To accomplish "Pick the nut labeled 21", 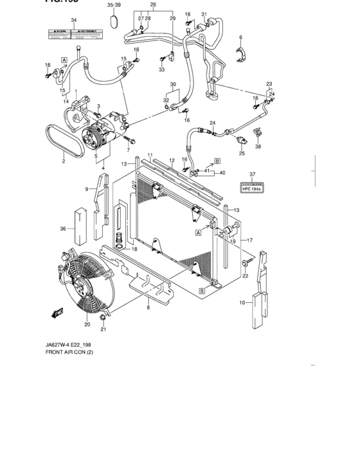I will pos(103,318).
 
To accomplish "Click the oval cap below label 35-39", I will pos(115,22).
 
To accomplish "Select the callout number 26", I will pos(152,5).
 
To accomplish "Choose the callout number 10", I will pos(242,301).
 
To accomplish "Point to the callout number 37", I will pos(253,174).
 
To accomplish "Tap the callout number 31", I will pos(204,14).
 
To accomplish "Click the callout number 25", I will pos(242,153).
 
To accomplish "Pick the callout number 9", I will pos(86,188).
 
